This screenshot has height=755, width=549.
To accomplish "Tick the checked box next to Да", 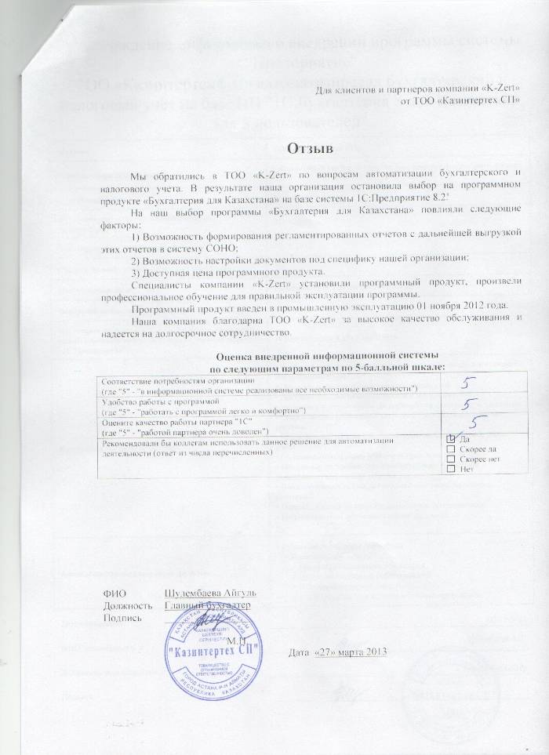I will tap(450, 440).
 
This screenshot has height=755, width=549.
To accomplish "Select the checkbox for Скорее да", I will tap(450, 449).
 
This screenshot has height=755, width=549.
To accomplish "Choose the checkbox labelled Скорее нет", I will tap(450, 459).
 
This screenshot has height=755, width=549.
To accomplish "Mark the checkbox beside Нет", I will tap(450, 469).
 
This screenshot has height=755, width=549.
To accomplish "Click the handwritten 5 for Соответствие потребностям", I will tap(467, 383).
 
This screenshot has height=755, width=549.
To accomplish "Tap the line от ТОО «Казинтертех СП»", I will tap(460, 103).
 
